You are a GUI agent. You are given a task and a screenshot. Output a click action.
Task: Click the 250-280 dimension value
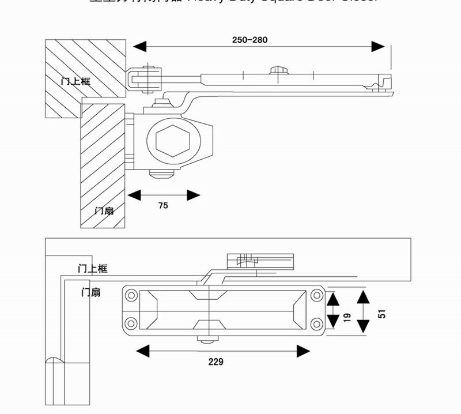(250, 40)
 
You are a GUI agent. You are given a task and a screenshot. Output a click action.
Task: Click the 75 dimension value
(163, 206)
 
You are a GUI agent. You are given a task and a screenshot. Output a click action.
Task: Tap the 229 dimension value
(216, 362)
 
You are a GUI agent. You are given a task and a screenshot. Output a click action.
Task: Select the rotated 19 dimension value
(347, 317)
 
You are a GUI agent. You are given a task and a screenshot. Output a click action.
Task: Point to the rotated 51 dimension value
(381, 313)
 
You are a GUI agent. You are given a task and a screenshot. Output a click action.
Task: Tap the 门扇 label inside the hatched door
(104, 210)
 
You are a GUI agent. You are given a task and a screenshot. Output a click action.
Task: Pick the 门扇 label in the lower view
(91, 292)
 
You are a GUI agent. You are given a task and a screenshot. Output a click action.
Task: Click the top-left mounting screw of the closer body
(131, 295)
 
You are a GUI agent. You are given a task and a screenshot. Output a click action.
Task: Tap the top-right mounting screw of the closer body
(316, 295)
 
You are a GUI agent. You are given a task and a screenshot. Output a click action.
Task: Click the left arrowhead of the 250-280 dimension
(139, 46)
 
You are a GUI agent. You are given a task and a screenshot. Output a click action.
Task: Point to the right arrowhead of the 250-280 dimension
(379, 46)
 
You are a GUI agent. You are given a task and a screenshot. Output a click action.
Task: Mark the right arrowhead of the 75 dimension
(194, 195)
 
